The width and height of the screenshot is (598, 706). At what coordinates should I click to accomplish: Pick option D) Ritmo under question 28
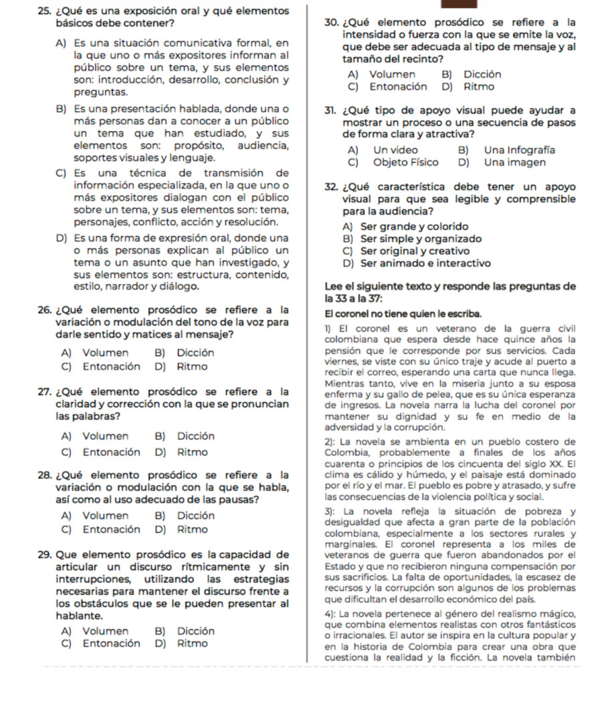[185, 529]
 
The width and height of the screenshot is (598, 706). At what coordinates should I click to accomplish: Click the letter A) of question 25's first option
[61, 43]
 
